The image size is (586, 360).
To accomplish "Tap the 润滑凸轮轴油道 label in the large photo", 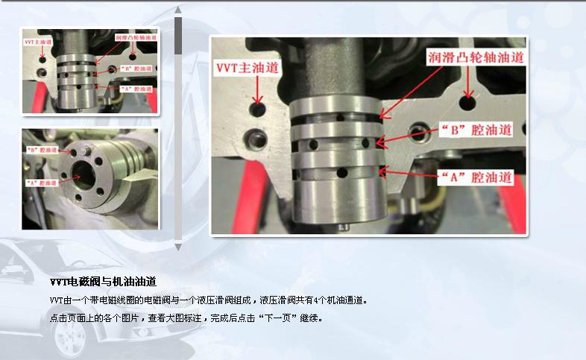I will (x=475, y=57).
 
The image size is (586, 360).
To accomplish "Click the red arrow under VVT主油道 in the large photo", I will (x=258, y=89).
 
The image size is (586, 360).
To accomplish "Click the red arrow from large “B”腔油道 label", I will (x=406, y=135).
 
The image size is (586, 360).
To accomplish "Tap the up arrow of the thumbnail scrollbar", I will (x=178, y=10).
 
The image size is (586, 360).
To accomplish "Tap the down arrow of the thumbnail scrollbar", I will (x=178, y=245).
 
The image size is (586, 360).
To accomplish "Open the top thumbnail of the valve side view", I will (x=90, y=71).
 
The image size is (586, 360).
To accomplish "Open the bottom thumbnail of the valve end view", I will (x=90, y=179).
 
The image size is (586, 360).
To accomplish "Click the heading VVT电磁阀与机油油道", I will (x=103, y=282).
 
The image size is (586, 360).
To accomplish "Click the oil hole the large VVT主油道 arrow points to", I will (x=258, y=110).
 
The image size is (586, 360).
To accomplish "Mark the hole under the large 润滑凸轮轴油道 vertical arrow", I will (x=468, y=101).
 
